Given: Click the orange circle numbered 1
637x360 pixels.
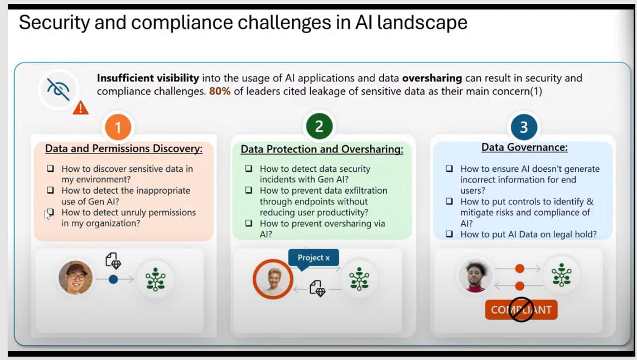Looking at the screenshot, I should point(118,128).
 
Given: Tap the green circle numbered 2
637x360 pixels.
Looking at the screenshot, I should point(319,127).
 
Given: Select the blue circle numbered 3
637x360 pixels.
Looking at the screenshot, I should point(523,127).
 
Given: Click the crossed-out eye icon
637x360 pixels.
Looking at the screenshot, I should point(58,89).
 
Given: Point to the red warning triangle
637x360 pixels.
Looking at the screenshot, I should point(81,107).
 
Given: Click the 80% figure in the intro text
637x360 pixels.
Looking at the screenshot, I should point(220,91).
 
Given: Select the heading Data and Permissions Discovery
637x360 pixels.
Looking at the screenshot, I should point(124,149).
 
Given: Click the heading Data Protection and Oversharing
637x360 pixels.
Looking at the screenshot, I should point(322,150).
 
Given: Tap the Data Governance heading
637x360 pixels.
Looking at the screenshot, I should point(524,148).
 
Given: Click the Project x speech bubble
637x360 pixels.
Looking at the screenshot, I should point(313,258).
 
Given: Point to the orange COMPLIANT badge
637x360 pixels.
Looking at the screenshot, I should point(521,310).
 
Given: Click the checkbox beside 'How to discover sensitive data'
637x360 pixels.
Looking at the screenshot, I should point(51,169).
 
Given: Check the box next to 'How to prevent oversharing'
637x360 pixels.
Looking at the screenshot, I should point(249,223).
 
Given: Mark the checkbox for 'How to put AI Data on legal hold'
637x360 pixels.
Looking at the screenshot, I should point(450,234).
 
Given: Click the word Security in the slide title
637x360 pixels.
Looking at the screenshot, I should point(56,23).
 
